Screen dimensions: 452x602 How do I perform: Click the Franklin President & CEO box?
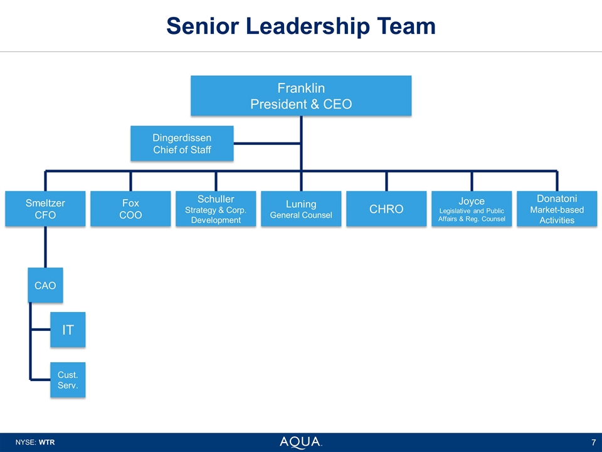point(301,95)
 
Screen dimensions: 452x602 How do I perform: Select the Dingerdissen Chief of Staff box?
point(182,143)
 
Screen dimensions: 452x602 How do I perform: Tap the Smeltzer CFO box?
point(45,208)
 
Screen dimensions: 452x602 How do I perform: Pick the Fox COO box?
point(130,208)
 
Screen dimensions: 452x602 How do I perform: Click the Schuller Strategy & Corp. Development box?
point(216,208)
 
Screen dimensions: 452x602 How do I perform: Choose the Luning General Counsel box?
point(301,209)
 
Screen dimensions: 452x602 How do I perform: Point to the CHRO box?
point(386,209)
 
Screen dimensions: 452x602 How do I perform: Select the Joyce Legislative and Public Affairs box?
point(472,208)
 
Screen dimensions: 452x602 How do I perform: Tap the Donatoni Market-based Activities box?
point(557,208)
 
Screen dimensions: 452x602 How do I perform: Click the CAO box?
point(45,285)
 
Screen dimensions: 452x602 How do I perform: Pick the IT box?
point(68,330)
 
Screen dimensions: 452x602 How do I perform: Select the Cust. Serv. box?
point(68,379)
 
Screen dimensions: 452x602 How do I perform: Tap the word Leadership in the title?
point(310,26)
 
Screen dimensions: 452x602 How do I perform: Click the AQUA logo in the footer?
point(300,442)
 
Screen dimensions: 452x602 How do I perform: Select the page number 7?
point(593,443)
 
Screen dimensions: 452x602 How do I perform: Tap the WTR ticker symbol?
point(47,443)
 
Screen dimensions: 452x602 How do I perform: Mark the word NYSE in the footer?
point(24,443)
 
